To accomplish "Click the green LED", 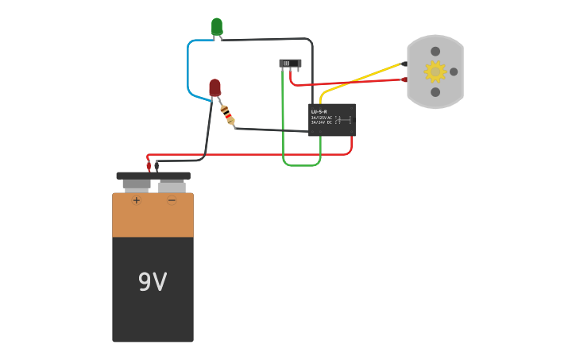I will (217, 27).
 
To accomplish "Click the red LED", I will (215, 87).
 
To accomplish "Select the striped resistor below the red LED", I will (227, 115).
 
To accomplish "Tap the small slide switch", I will (290, 63).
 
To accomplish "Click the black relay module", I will (331, 120).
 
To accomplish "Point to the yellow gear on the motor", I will (435, 72).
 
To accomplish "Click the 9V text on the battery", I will (153, 282).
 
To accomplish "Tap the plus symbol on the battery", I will (137, 200).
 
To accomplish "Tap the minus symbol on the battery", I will (172, 200).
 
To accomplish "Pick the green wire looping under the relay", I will (301, 165).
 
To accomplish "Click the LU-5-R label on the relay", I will (319, 111).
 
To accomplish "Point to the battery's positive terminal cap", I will (137, 185).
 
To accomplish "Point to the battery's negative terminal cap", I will (172, 186).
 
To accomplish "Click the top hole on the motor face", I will (435, 52).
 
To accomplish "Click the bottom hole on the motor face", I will (435, 92).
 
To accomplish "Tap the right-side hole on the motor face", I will (454, 72).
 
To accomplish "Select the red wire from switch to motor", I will (350, 82).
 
